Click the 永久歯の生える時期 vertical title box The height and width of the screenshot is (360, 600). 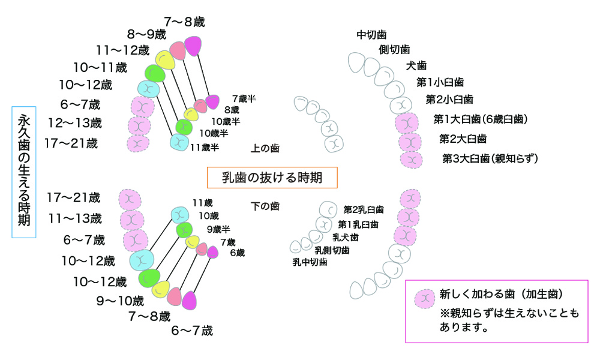point(24,172)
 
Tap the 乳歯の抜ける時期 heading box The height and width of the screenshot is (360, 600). point(272,177)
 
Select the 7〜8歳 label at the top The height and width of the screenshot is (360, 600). point(184,22)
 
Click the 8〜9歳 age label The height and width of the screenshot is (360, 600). point(146,34)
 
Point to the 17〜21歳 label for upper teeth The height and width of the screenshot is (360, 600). point(71,143)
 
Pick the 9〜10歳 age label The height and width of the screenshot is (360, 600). point(121,300)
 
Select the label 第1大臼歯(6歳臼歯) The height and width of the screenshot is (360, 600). point(481,119)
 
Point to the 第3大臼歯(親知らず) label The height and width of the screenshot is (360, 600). point(490,159)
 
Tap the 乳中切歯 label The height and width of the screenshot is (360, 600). point(310,262)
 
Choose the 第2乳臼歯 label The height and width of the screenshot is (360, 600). point(364,209)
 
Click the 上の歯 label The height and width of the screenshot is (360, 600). point(265,148)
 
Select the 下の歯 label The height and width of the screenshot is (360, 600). point(265,206)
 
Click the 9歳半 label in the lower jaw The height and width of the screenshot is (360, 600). point(218,229)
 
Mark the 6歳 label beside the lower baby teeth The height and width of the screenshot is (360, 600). point(237,253)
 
